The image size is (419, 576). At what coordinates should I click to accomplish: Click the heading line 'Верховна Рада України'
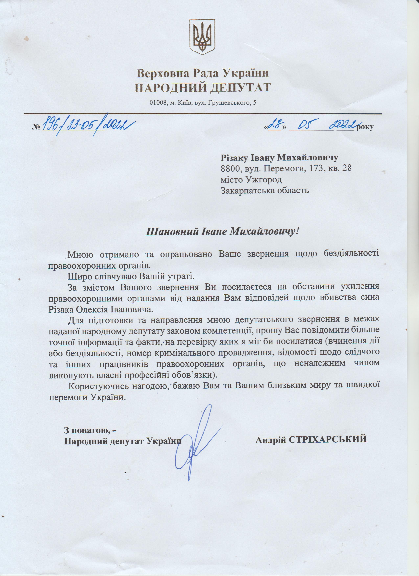coord(202,73)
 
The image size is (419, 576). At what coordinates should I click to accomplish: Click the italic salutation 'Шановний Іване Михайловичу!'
coord(221,232)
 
